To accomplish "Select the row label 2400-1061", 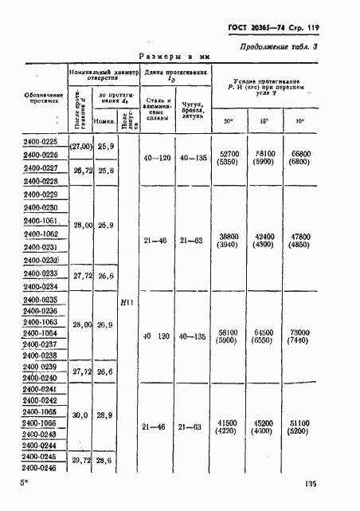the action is click(x=41, y=220).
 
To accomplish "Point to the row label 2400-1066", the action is click(x=41, y=423).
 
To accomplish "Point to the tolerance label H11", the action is click(x=124, y=302).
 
